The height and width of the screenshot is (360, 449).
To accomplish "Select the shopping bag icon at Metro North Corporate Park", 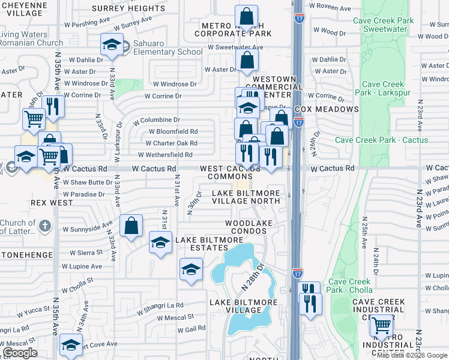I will (x=246, y=17).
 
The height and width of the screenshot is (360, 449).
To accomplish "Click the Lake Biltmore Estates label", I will (x=209, y=245).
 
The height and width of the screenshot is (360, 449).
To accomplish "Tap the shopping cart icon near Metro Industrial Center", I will (x=381, y=326).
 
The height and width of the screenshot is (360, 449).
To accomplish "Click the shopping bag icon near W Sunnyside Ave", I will (x=131, y=226).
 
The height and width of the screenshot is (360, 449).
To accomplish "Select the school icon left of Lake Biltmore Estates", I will (x=160, y=243).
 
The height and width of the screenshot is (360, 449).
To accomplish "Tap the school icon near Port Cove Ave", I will (x=71, y=345).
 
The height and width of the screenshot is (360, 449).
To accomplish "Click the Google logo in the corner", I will (x=19, y=353).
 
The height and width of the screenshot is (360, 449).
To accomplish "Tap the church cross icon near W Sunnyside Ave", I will (x=44, y=226).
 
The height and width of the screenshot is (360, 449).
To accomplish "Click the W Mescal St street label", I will (x=175, y=317).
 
